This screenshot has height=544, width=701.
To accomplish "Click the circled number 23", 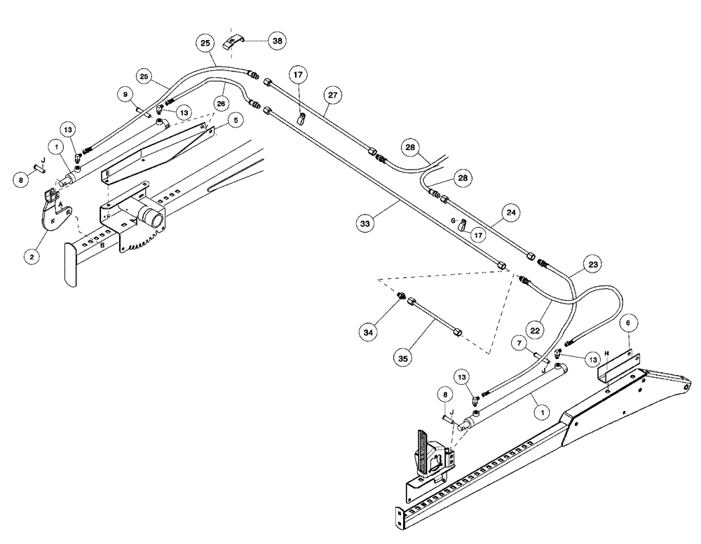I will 594,266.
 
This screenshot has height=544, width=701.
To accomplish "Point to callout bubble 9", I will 126,93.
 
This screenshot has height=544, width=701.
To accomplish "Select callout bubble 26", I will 221,102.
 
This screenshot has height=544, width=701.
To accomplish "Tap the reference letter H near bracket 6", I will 607,353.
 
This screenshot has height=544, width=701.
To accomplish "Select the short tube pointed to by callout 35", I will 435,317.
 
